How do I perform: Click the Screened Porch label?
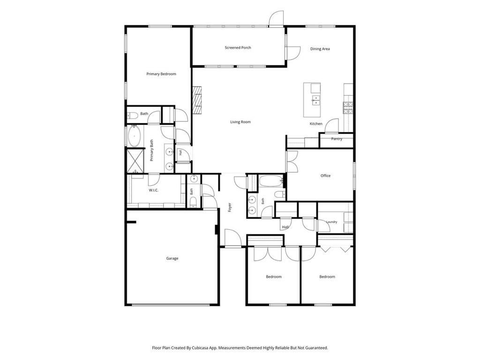(238, 48)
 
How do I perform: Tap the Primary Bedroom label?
(161, 74)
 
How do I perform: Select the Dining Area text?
(320, 49)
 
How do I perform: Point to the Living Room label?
(240, 122)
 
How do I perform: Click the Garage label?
(172, 258)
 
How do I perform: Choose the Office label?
(325, 176)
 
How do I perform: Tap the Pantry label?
(337, 139)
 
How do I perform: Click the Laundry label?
(331, 222)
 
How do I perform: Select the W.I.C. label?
(153, 190)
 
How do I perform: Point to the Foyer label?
(230, 207)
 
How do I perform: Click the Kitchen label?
(316, 124)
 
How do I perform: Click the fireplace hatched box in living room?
(197, 100)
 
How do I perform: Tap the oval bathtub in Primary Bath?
(134, 136)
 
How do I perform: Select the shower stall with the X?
(135, 160)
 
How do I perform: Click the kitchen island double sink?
(315, 100)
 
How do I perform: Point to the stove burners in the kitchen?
(348, 108)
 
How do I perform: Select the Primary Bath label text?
(151, 150)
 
